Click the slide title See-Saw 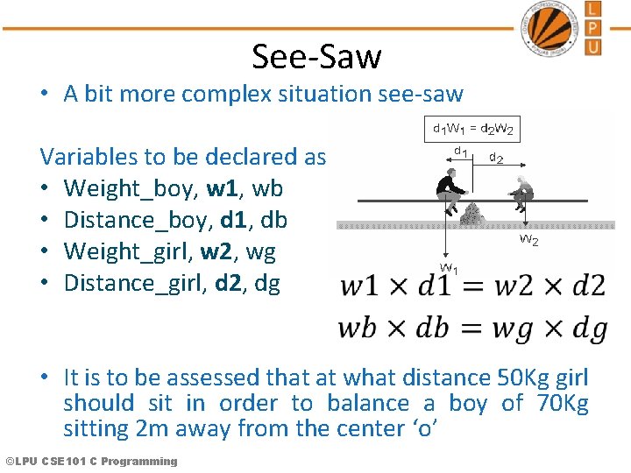316,57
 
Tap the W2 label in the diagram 528,238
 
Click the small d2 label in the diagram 496,159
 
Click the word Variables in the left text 89,157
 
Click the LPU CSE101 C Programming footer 90,462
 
